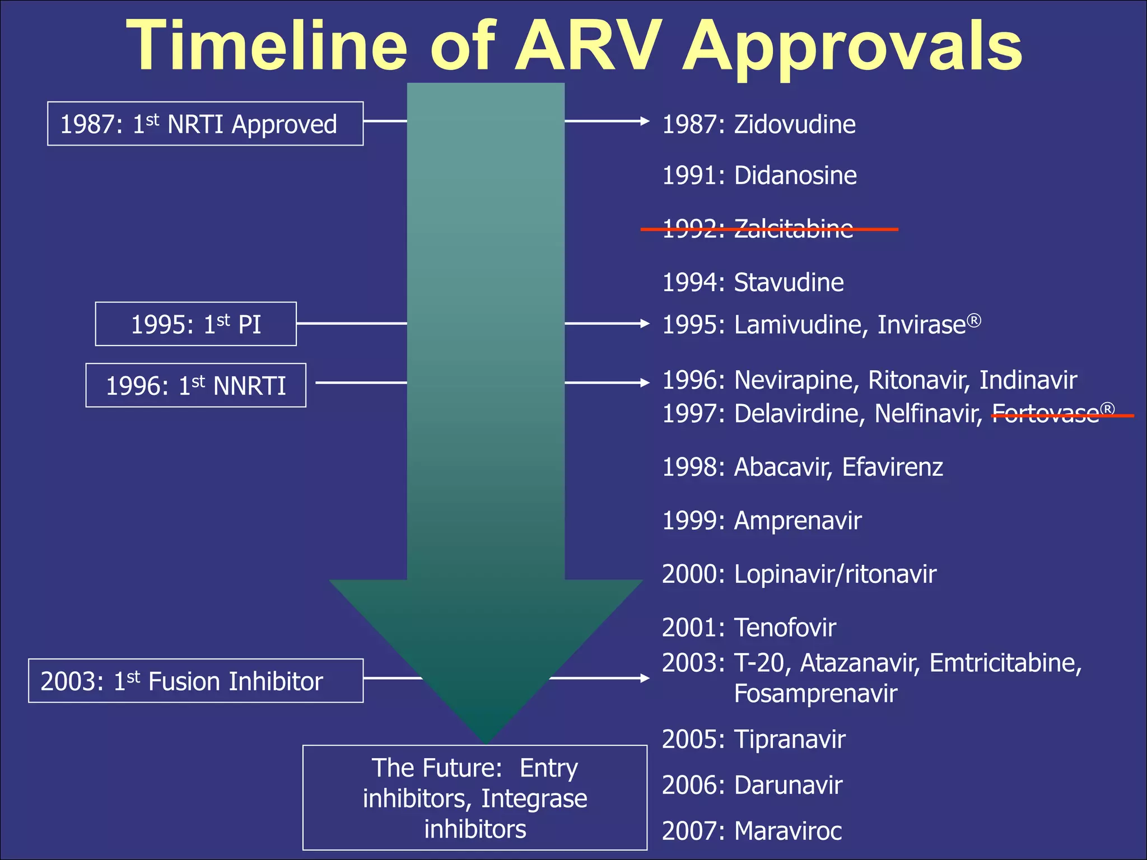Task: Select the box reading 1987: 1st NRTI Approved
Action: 205,124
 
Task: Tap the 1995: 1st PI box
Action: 195,324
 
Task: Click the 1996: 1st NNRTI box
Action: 195,385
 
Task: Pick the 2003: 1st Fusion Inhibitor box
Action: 195,681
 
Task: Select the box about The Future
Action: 475,798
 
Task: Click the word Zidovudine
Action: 795,124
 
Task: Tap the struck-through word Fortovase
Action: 1045,414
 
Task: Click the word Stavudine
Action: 789,282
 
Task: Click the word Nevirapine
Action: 796,380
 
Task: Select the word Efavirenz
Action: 892,467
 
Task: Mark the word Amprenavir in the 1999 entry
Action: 798,521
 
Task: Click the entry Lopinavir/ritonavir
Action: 834,574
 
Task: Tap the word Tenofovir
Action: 785,628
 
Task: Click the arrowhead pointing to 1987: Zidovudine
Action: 645,121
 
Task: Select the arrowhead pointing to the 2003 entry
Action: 645,678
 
